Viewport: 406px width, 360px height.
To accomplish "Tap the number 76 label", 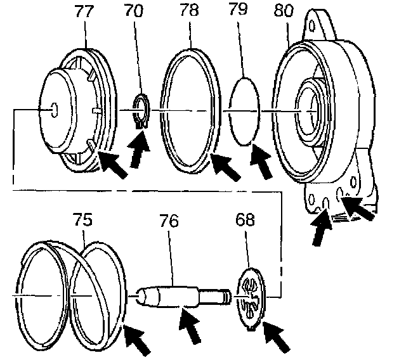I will [x=169, y=221].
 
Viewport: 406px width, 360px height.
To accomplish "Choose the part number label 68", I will [x=244, y=221].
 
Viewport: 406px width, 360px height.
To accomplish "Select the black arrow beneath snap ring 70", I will [x=140, y=151].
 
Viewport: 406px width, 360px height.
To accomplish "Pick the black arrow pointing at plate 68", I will [x=275, y=337].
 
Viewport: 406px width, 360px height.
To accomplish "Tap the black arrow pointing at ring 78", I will [x=225, y=167].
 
